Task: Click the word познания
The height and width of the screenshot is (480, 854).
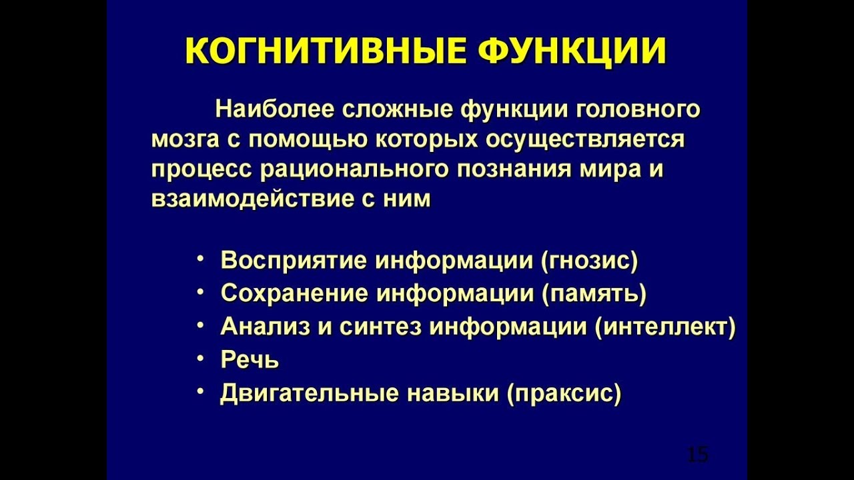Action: (x=512, y=169)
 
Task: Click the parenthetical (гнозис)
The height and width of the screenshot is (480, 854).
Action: (x=589, y=261)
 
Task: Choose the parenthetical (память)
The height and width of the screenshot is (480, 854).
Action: (x=595, y=294)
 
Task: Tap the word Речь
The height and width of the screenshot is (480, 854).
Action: (x=250, y=361)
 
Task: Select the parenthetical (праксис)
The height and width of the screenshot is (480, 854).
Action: (x=564, y=393)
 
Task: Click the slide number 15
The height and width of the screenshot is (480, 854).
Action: (x=697, y=455)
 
